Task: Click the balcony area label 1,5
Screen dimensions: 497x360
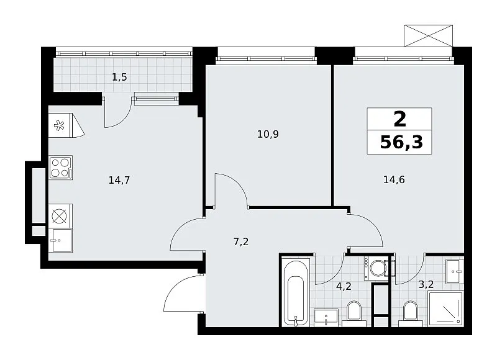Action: point(119,77)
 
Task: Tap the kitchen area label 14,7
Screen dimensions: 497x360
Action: point(119,180)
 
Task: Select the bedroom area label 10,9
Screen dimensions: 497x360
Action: point(268,134)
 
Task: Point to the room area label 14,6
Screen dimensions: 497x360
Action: point(394,179)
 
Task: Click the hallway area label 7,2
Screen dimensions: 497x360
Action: point(241,242)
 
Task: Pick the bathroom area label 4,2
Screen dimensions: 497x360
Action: point(344,287)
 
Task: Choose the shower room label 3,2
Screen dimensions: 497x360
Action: point(426,284)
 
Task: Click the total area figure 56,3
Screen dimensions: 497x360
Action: point(401,142)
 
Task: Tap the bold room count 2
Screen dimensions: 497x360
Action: point(399,119)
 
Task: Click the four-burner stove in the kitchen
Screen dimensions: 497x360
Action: point(61,168)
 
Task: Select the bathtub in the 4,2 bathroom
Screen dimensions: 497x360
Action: point(296,292)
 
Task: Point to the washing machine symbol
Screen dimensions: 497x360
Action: point(376,268)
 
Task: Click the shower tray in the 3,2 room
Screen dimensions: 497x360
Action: point(445,309)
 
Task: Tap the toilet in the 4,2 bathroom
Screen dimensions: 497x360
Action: point(354,313)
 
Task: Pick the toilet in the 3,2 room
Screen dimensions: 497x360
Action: point(411,313)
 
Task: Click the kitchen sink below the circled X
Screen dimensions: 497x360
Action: point(60,240)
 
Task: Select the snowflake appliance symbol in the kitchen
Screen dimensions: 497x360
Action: point(59,125)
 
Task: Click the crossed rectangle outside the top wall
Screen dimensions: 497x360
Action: point(428,36)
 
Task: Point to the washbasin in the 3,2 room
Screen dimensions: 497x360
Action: point(455,272)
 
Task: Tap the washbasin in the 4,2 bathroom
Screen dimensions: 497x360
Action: point(326,318)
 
